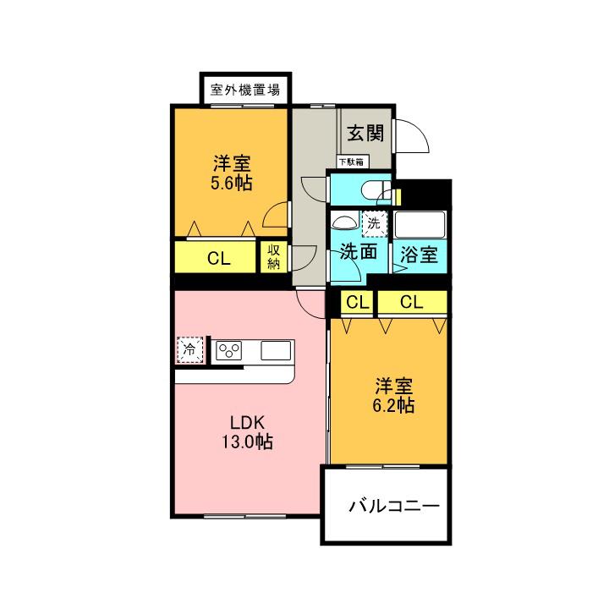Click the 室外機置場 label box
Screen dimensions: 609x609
(245, 88)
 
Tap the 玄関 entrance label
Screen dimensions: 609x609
(365, 133)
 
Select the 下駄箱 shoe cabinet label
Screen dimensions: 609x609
(350, 161)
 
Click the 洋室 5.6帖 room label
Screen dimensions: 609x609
(230, 171)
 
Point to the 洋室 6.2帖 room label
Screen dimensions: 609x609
(394, 396)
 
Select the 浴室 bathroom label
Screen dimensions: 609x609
(420, 254)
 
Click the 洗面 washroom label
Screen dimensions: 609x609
(359, 252)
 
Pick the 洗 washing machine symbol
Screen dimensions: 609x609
(373, 224)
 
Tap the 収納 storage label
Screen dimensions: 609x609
(274, 257)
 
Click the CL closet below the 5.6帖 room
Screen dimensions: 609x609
(218, 259)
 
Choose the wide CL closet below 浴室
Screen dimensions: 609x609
(412, 302)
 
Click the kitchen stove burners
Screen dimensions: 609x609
(229, 349)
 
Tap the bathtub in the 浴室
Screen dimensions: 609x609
(419, 223)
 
